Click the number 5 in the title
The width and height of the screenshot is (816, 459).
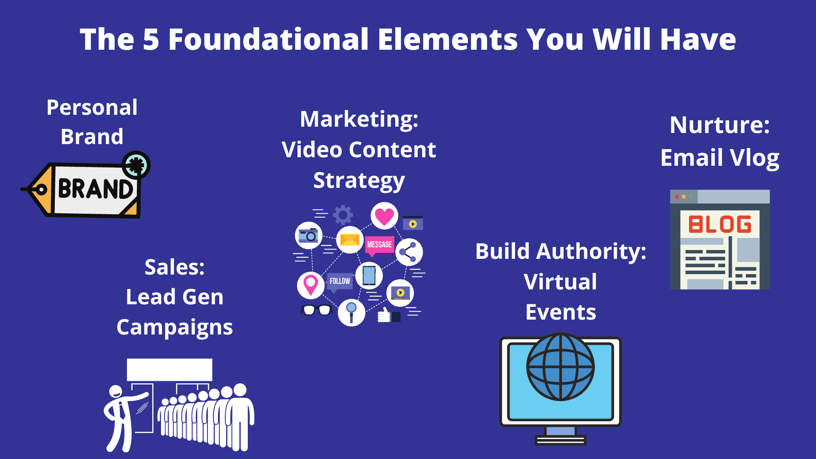point(151,40)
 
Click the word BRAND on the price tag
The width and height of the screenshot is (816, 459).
point(95,189)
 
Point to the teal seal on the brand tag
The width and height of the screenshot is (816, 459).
point(136,165)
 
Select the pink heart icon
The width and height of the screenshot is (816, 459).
point(384,216)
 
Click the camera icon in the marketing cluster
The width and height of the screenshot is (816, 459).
point(309,235)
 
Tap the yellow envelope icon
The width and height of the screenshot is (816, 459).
point(350,240)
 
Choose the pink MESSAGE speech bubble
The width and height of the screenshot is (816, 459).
point(380,246)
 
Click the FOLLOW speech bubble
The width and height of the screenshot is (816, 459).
point(340,283)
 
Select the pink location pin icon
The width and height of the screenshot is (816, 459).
point(311,285)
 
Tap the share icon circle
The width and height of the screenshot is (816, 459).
point(409,252)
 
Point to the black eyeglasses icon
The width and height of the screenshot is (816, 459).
point(317,310)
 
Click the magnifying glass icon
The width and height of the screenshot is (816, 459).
point(351,313)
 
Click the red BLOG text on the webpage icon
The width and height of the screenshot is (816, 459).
point(720,224)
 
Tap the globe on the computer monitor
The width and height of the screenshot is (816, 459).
point(561,367)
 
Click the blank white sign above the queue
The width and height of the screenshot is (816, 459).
point(170,370)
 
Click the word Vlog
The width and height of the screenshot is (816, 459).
point(755,158)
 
